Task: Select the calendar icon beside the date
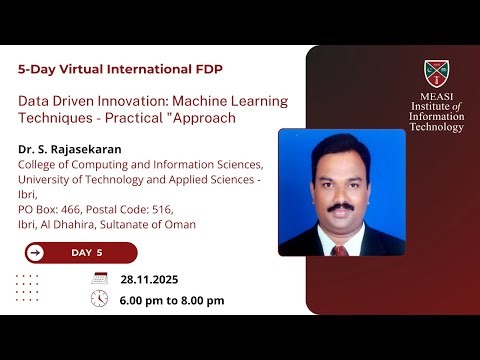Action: tap(99, 278)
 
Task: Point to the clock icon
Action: tap(99, 299)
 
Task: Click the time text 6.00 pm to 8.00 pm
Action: tap(171, 300)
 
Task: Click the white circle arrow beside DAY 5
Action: tap(36, 252)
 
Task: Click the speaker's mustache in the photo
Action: tap(342, 206)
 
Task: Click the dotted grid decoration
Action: tap(29, 287)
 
